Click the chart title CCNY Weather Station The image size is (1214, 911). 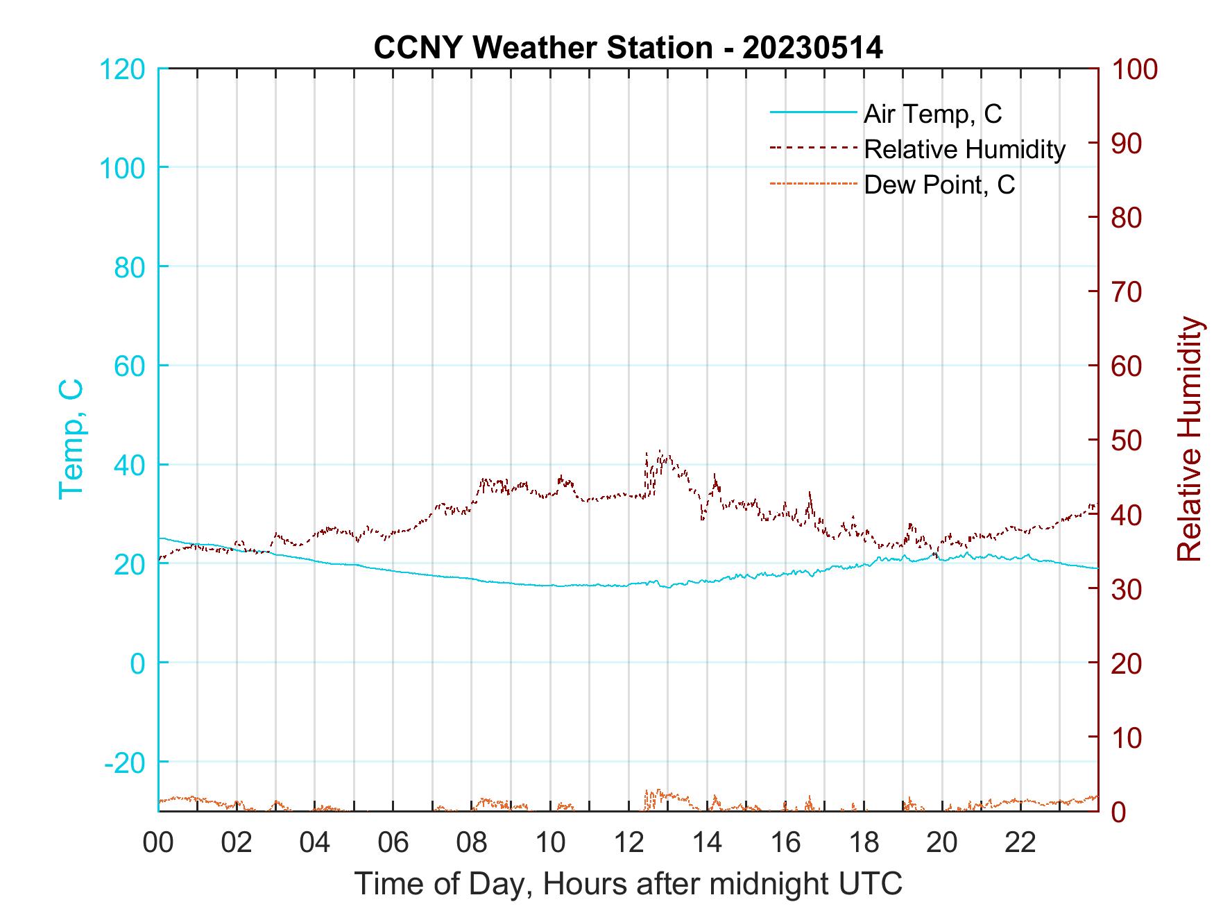[628, 48]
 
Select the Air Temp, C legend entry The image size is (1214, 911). [932, 114]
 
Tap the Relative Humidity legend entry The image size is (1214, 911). [964, 149]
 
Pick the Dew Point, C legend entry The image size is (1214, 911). [939, 185]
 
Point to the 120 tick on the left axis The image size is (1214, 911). [123, 69]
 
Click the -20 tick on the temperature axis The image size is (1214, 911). [125, 763]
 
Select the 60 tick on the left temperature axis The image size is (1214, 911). [129, 366]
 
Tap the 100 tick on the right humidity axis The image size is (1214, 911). [1135, 69]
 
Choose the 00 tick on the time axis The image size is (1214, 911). [158, 843]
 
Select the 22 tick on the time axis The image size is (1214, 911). [1020, 843]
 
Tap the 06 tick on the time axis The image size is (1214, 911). [393, 843]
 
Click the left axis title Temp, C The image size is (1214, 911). [71, 439]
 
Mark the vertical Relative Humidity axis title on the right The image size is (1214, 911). [1189, 439]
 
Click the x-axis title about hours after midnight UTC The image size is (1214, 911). [629, 884]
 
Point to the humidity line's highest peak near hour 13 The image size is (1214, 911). [659, 452]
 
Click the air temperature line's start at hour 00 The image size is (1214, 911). [160, 538]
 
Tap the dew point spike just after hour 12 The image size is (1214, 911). [647, 792]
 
